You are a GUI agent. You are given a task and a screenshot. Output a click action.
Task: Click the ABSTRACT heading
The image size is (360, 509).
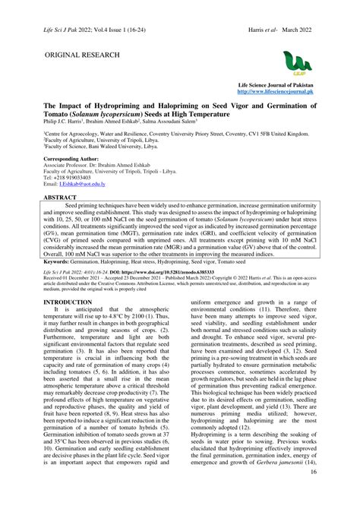pos(60,196)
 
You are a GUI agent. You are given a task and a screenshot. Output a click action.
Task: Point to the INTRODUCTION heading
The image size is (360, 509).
pos(68,302)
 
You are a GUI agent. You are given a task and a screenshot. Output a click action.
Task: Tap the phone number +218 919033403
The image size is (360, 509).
pos(71,177)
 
